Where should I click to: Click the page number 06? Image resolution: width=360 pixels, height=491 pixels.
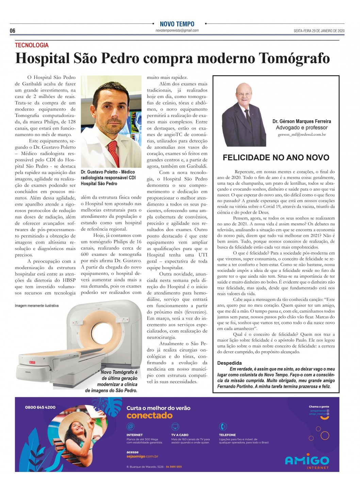click(13, 31)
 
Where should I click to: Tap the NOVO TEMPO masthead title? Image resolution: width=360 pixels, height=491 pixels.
click(177, 24)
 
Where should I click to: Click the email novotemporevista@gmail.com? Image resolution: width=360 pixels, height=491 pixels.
click(177, 31)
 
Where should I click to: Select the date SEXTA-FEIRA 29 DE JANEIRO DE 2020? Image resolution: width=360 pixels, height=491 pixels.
click(319, 31)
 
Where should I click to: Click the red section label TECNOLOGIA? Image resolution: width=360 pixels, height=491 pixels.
click(32, 45)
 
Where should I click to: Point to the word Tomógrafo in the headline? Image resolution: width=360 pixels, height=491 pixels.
click(294, 59)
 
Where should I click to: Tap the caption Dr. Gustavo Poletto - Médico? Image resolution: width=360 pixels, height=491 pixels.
click(108, 172)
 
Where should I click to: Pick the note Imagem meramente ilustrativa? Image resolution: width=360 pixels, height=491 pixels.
click(37, 306)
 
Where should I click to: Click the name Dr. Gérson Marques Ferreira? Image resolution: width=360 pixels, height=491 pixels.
click(301, 121)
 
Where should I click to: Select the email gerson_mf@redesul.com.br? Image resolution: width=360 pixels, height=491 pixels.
click(301, 135)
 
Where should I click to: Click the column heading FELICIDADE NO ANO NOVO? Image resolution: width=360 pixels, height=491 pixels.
click(276, 158)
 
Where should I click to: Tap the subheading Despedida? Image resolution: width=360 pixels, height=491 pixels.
click(229, 363)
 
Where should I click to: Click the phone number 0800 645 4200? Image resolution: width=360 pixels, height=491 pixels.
click(40, 407)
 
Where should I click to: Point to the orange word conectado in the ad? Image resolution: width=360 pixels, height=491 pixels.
click(149, 415)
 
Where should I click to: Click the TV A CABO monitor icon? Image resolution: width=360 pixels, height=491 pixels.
click(175, 426)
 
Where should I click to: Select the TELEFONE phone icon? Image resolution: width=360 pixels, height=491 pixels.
click(223, 426)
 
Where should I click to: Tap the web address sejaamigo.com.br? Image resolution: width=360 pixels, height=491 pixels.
click(142, 456)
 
